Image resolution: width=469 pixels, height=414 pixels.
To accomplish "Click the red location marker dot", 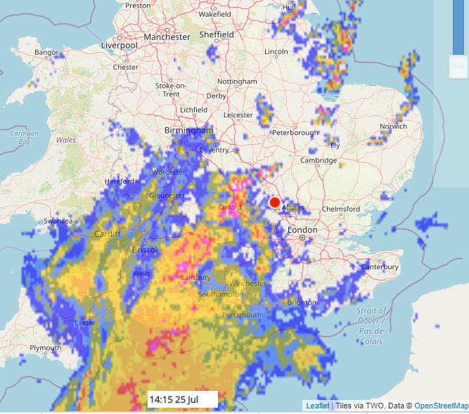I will (x=275, y=203).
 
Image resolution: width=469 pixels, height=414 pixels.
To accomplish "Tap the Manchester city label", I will (x=167, y=37).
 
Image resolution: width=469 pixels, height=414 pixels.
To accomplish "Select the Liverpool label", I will (x=119, y=45).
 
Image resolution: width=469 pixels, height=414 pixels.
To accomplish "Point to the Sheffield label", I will (x=216, y=34).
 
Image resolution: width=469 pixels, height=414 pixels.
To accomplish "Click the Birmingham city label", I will (x=188, y=131).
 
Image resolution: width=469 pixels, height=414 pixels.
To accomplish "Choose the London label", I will (x=302, y=230).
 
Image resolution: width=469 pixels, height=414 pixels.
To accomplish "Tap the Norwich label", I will (x=393, y=127).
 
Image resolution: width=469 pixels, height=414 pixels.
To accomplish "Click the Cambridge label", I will (x=320, y=160).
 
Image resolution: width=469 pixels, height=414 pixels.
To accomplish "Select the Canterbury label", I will (x=380, y=267).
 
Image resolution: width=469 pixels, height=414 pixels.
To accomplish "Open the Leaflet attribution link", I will (x=318, y=406).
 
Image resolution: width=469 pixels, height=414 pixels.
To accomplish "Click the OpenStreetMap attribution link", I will (x=441, y=406).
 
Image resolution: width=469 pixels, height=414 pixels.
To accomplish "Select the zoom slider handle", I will (x=458, y=67).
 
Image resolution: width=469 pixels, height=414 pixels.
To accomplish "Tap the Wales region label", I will (x=66, y=140).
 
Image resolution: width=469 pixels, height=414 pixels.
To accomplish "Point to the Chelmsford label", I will (x=340, y=209).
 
